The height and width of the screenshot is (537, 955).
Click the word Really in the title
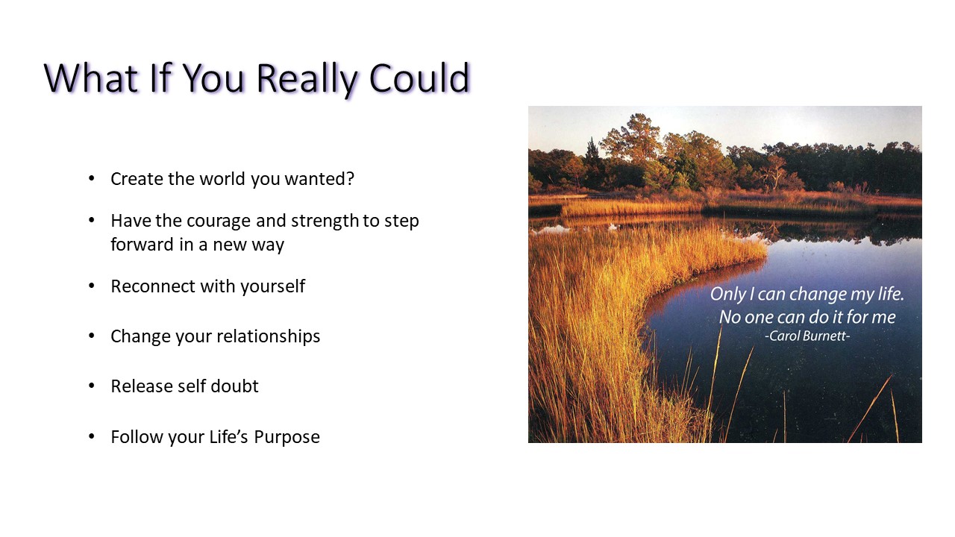pos(307,80)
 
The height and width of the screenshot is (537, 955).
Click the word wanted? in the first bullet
pos(319,179)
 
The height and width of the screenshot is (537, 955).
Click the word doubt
pos(234,386)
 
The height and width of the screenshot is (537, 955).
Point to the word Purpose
pos(287,437)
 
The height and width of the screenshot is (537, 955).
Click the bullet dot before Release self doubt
pos(92,386)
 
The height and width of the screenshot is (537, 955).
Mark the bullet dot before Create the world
pos(92,178)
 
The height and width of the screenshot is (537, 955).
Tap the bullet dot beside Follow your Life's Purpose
pos(92,437)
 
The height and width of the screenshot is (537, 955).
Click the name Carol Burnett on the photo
pos(807,336)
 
